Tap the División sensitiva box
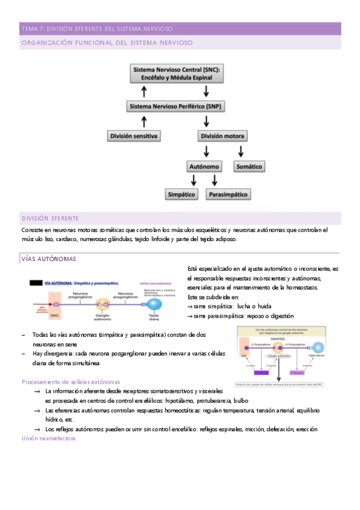(x=134, y=137)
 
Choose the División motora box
(x=223, y=137)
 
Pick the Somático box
(x=249, y=166)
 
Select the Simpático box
(x=183, y=194)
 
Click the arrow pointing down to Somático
(x=242, y=151)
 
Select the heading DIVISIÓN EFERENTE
(x=54, y=218)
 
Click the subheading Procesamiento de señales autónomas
(x=71, y=381)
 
